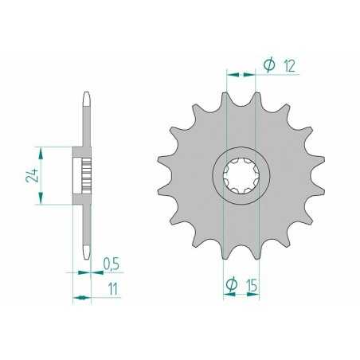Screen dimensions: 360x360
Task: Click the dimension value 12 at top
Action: click(x=289, y=66)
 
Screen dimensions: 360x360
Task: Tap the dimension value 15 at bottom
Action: click(x=252, y=286)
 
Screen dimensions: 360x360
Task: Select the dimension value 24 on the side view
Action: click(x=32, y=175)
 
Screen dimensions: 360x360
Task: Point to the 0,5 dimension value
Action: click(x=112, y=264)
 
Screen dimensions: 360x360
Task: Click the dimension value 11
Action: click(x=113, y=289)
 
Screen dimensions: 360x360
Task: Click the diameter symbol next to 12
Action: click(x=269, y=65)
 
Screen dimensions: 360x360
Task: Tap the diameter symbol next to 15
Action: click(x=232, y=285)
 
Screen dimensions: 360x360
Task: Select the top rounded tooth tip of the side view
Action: click(x=87, y=99)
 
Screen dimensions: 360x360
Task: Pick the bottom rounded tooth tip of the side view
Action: click(x=87, y=252)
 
